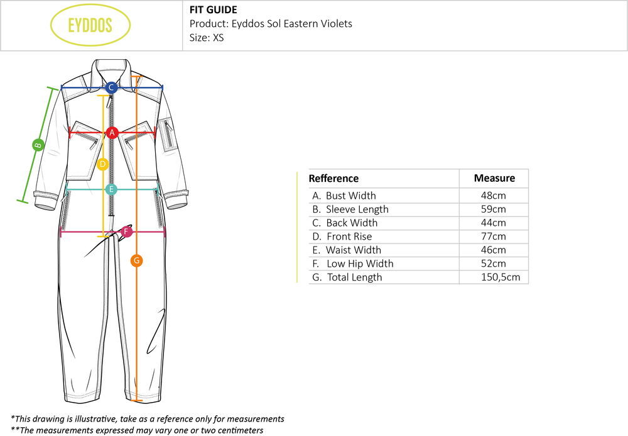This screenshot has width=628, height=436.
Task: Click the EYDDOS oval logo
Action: (x=90, y=26)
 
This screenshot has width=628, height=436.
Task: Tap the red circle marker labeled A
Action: (x=112, y=132)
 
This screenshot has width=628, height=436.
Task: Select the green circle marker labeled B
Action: (x=38, y=145)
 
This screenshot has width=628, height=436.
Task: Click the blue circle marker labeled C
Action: (x=111, y=87)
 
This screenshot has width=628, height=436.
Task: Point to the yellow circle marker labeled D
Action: (x=104, y=164)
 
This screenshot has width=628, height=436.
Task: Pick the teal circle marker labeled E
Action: (x=111, y=189)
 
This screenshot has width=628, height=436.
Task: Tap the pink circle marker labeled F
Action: (x=126, y=232)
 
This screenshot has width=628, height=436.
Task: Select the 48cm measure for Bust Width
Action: (x=493, y=196)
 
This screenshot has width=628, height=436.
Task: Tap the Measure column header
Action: (x=494, y=178)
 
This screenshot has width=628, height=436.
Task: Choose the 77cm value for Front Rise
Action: (x=493, y=237)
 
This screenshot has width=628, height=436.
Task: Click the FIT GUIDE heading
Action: (x=213, y=9)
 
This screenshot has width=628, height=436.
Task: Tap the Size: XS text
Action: (x=207, y=38)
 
